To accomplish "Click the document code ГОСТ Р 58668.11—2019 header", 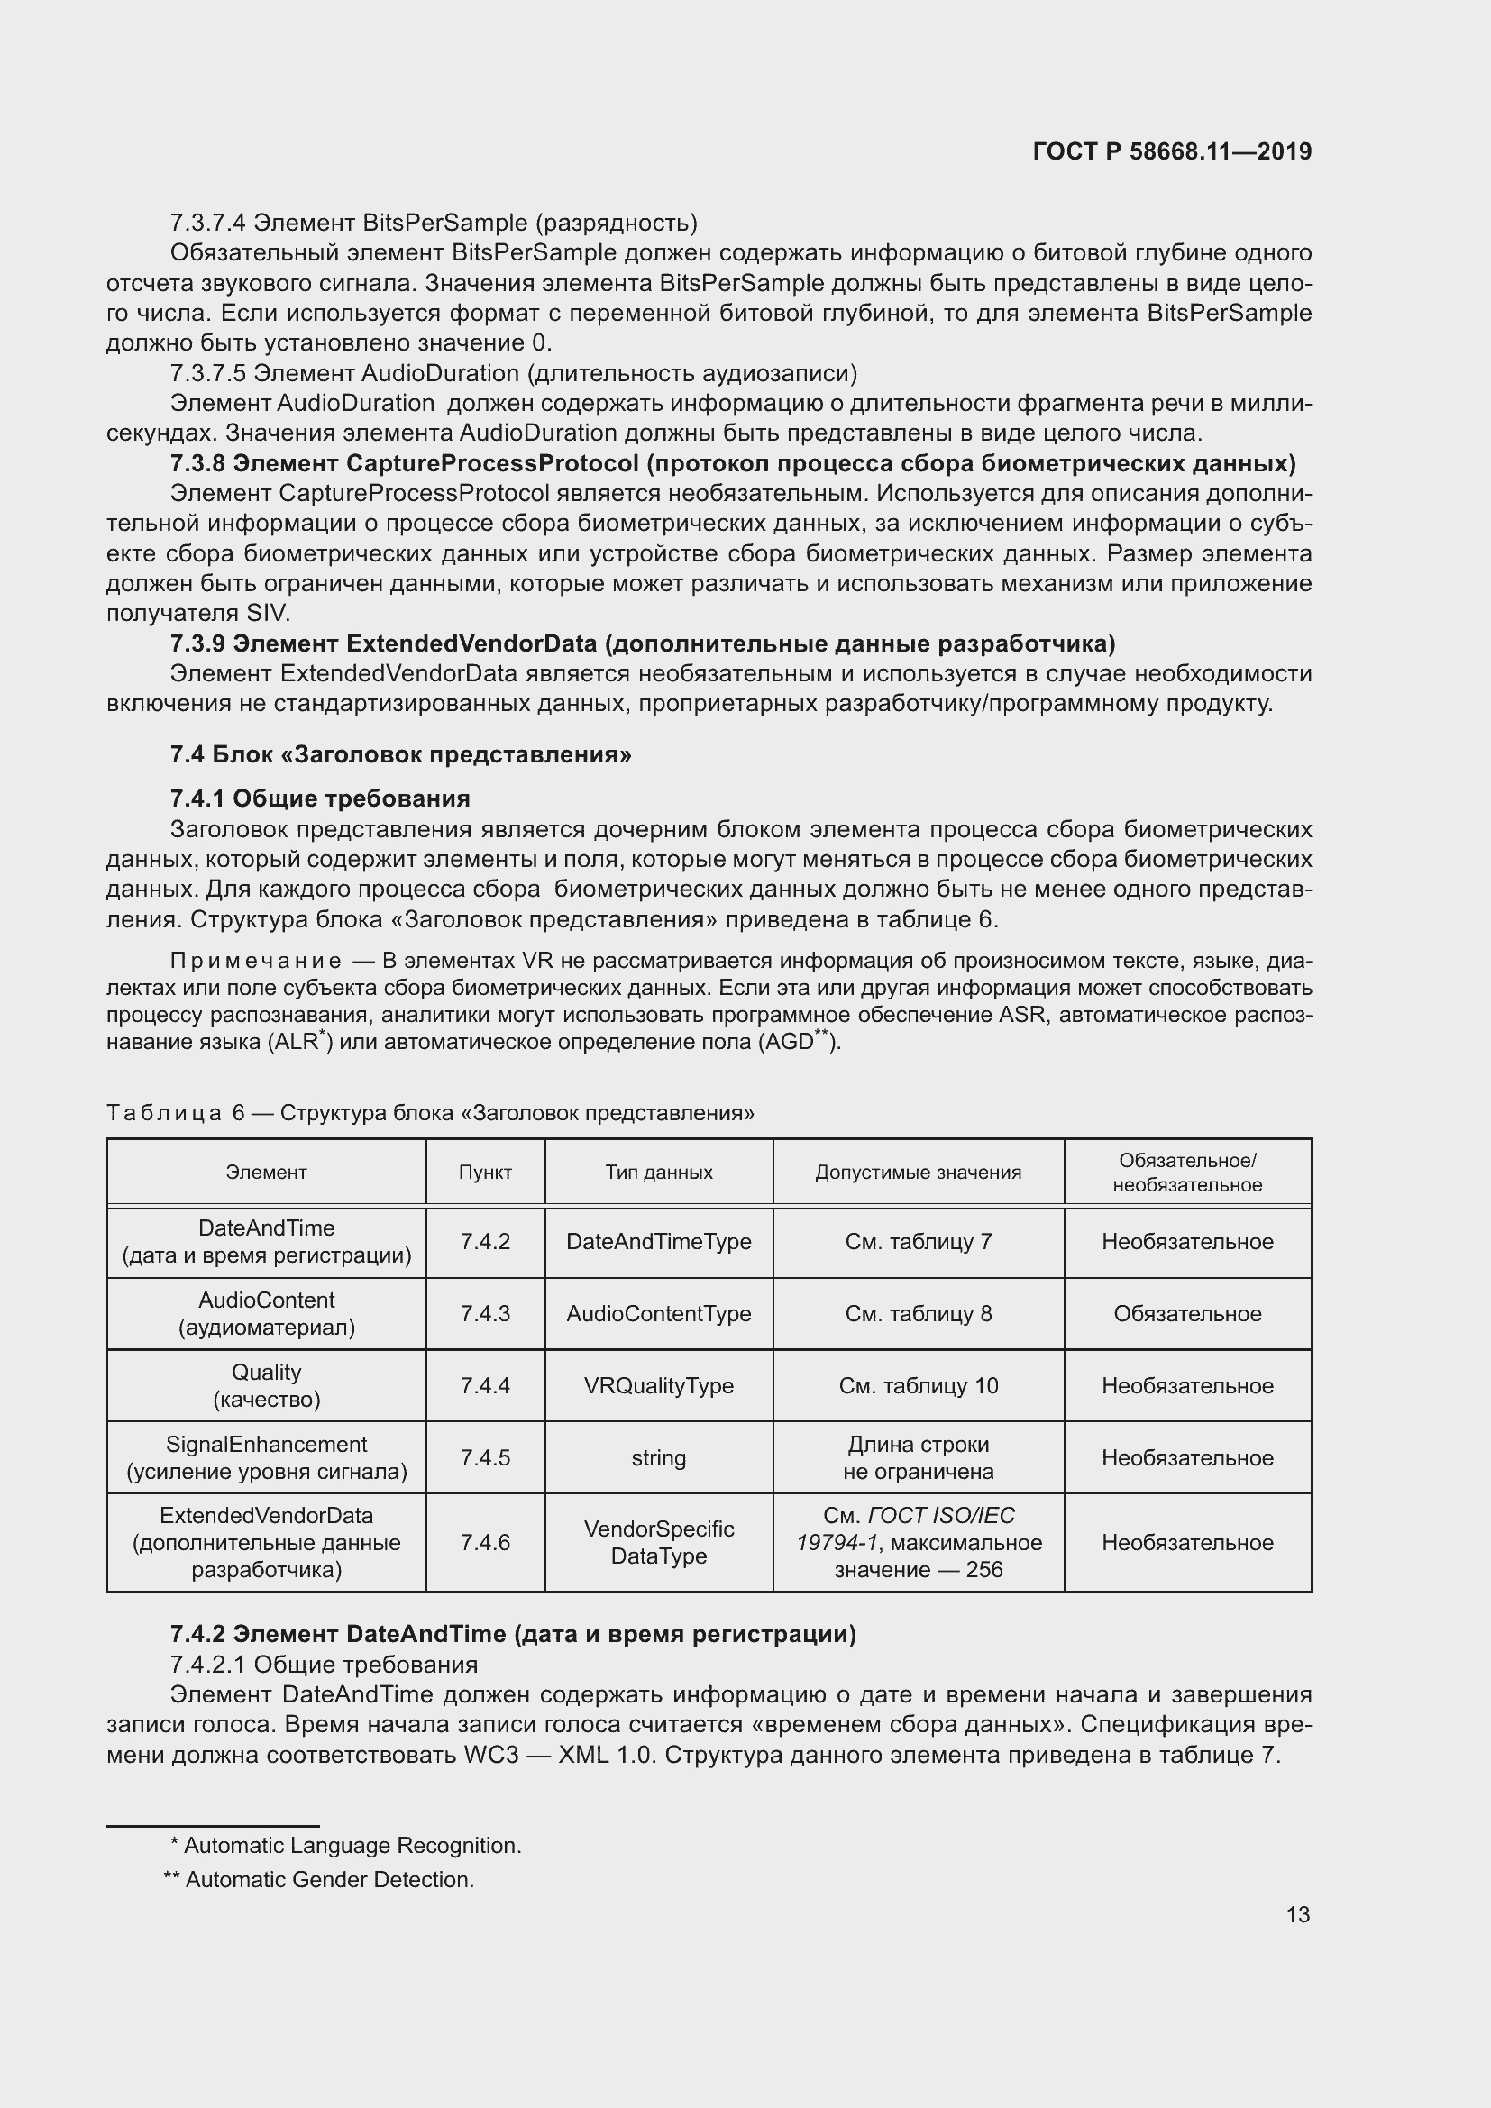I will (x=1172, y=152).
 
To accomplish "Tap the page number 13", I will (x=1297, y=1914).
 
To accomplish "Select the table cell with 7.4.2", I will (x=485, y=1241).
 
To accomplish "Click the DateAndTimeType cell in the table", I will (x=658, y=1241).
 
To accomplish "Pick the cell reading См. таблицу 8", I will (x=918, y=1313).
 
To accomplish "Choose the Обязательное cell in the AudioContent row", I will (x=1187, y=1313).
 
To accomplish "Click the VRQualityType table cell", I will (x=658, y=1385).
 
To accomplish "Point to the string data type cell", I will (x=658, y=1457).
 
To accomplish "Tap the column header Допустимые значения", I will (x=918, y=1172).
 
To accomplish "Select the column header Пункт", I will (x=485, y=1172).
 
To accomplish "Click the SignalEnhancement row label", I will (x=266, y=1457).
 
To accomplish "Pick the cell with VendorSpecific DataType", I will (x=658, y=1542).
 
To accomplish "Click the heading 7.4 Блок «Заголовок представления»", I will (x=400, y=754).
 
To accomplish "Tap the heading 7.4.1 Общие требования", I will (x=319, y=798).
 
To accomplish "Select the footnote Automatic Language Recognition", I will (x=345, y=1846).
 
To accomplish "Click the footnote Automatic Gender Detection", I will (x=319, y=1879).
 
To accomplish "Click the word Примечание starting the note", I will (x=255, y=962).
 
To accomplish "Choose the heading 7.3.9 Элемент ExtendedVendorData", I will (x=643, y=643).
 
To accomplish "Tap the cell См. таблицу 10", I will (x=918, y=1385).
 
